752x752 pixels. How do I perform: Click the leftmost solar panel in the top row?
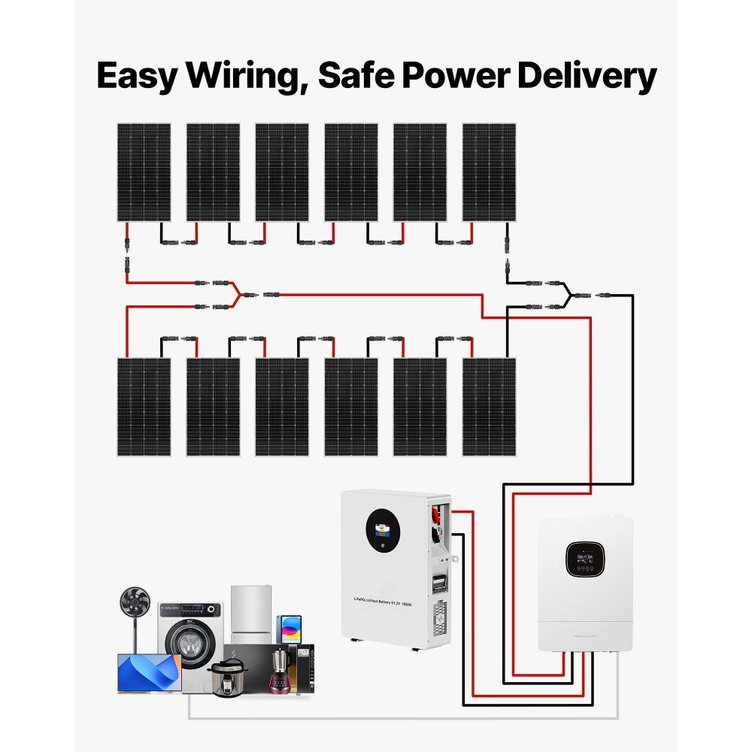(x=144, y=172)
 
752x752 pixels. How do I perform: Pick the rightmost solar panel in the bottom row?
(x=489, y=406)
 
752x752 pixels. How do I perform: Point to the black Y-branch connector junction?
(x=569, y=295)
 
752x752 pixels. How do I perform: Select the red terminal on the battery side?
(x=437, y=516)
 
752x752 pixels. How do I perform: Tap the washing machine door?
(x=187, y=644)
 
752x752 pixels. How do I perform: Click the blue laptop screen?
(x=149, y=672)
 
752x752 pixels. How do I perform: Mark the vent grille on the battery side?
(x=438, y=623)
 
